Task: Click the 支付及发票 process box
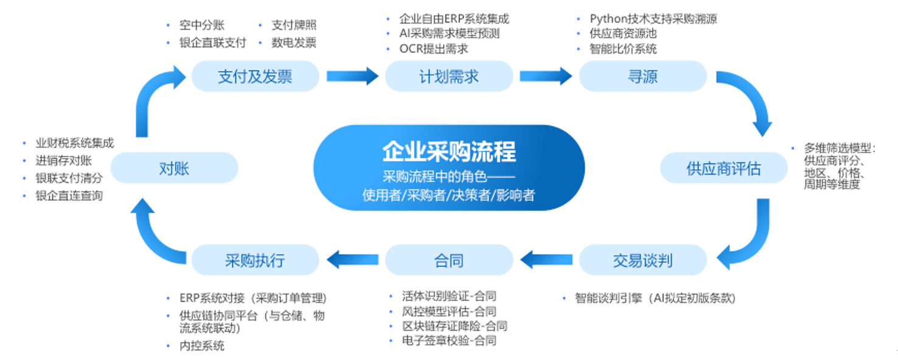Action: pos(255,76)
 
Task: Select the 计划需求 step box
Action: pos(449,76)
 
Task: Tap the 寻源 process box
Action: pos(642,76)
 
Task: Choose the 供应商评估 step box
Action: pos(723,168)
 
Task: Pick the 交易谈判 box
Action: pos(642,260)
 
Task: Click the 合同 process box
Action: pos(449,260)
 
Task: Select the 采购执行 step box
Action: pos(255,260)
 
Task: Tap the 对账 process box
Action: pos(174,168)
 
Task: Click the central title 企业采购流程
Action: pos(449,151)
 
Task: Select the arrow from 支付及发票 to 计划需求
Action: pos(352,76)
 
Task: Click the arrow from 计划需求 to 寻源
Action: pos(546,76)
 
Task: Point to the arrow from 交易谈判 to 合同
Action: pos(546,260)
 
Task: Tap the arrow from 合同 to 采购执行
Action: pos(352,260)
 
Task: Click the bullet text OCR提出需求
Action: pos(433,49)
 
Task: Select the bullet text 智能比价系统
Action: pos(623,49)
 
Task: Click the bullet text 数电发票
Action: pos(294,43)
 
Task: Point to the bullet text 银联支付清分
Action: pos(69,178)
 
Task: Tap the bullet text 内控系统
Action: pos(202,345)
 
